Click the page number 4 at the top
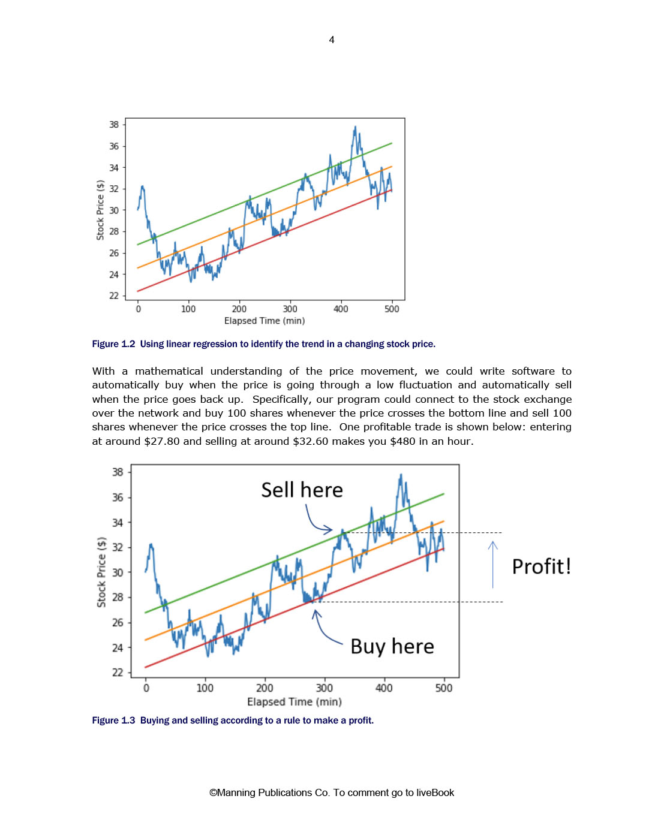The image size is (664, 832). click(x=332, y=40)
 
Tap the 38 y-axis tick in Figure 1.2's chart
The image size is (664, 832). click(x=114, y=125)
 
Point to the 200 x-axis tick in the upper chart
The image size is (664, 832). click(x=239, y=309)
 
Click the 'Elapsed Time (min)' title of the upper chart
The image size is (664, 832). click(x=265, y=321)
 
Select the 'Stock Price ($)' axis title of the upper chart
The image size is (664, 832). click(x=100, y=210)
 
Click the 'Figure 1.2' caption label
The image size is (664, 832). click(x=113, y=343)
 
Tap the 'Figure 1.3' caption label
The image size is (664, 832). click(x=113, y=721)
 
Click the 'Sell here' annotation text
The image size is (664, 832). click(x=302, y=490)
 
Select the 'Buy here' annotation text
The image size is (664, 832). click(x=392, y=646)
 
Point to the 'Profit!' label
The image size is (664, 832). click(x=542, y=566)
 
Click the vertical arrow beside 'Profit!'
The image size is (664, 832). click(x=492, y=565)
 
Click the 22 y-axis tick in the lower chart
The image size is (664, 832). click(x=117, y=673)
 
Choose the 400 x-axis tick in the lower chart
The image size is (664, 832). click(x=384, y=688)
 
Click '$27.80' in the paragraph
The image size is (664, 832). click(x=162, y=441)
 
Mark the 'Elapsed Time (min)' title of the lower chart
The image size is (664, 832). click(x=295, y=702)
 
